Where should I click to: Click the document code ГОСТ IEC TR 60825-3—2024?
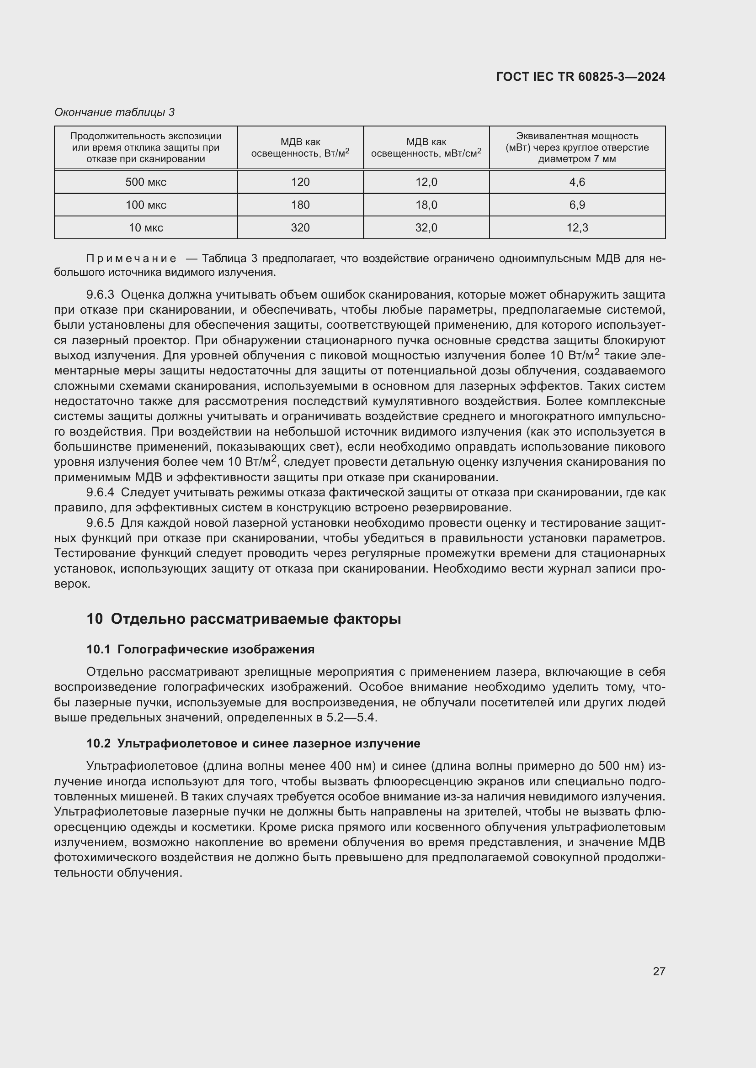580,77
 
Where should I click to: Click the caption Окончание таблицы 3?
115,112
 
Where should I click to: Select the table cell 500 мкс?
146,182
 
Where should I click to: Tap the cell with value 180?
300,205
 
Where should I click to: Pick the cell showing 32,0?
426,227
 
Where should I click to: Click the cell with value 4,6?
577,182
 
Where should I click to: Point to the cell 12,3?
577,227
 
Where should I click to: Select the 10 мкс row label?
146,227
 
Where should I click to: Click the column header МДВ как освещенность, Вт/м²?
300,147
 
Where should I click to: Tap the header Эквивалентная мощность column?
577,147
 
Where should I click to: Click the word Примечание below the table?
131,258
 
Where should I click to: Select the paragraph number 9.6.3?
100,295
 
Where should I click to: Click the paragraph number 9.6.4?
100,492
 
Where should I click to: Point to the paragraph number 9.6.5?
100,523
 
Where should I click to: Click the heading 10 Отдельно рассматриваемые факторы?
244,619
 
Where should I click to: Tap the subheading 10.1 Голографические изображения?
200,649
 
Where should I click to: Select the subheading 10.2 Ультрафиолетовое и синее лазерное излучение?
253,743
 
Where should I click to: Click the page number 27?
659,971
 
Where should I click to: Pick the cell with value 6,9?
577,205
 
